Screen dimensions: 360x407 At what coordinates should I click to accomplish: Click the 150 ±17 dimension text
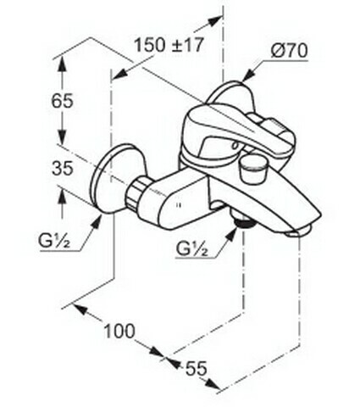[169, 45]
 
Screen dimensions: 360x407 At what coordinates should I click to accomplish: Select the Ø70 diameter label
[289, 52]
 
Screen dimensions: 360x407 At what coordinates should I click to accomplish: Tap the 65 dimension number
[62, 101]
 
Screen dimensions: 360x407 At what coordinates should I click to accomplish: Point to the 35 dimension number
[63, 169]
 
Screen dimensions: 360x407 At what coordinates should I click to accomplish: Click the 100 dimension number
[119, 331]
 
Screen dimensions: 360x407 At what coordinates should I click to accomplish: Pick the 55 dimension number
[197, 369]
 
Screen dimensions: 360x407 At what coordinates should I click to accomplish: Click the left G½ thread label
[54, 242]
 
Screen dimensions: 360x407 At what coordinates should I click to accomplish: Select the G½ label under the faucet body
[191, 249]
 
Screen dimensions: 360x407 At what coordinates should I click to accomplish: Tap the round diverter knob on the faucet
[252, 169]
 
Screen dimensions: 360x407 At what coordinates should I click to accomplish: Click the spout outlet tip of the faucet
[298, 231]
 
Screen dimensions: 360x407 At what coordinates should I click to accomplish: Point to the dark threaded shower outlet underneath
[244, 223]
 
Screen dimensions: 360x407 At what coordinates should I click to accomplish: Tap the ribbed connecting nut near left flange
[136, 193]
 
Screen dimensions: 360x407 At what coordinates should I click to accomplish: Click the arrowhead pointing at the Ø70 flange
[248, 75]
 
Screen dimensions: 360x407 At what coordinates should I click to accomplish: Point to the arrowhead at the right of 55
[213, 384]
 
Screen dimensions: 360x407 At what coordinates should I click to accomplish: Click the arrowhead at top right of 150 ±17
[214, 20]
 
